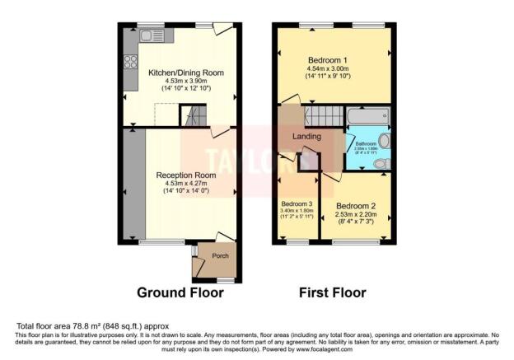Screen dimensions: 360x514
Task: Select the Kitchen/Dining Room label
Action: pyautogui.click(x=185, y=72)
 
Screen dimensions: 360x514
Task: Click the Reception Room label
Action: pyautogui.click(x=186, y=175)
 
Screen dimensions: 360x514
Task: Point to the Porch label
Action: pyautogui.click(x=221, y=255)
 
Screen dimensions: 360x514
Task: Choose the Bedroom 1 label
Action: pyautogui.click(x=328, y=60)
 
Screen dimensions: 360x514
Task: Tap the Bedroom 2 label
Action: pyautogui.click(x=356, y=206)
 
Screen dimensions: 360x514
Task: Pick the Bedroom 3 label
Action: pyautogui.click(x=297, y=203)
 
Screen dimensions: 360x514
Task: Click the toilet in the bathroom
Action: pyautogui.click(x=381, y=164)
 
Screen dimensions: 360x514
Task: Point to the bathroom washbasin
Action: pyautogui.click(x=384, y=141)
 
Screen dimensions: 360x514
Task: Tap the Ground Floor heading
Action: pyautogui.click(x=176, y=292)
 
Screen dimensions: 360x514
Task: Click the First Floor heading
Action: pyautogui.click(x=332, y=292)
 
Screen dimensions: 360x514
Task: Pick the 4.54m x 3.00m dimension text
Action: pyautogui.click(x=328, y=69)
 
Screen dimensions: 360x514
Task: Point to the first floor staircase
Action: pyautogui.click(x=320, y=116)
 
